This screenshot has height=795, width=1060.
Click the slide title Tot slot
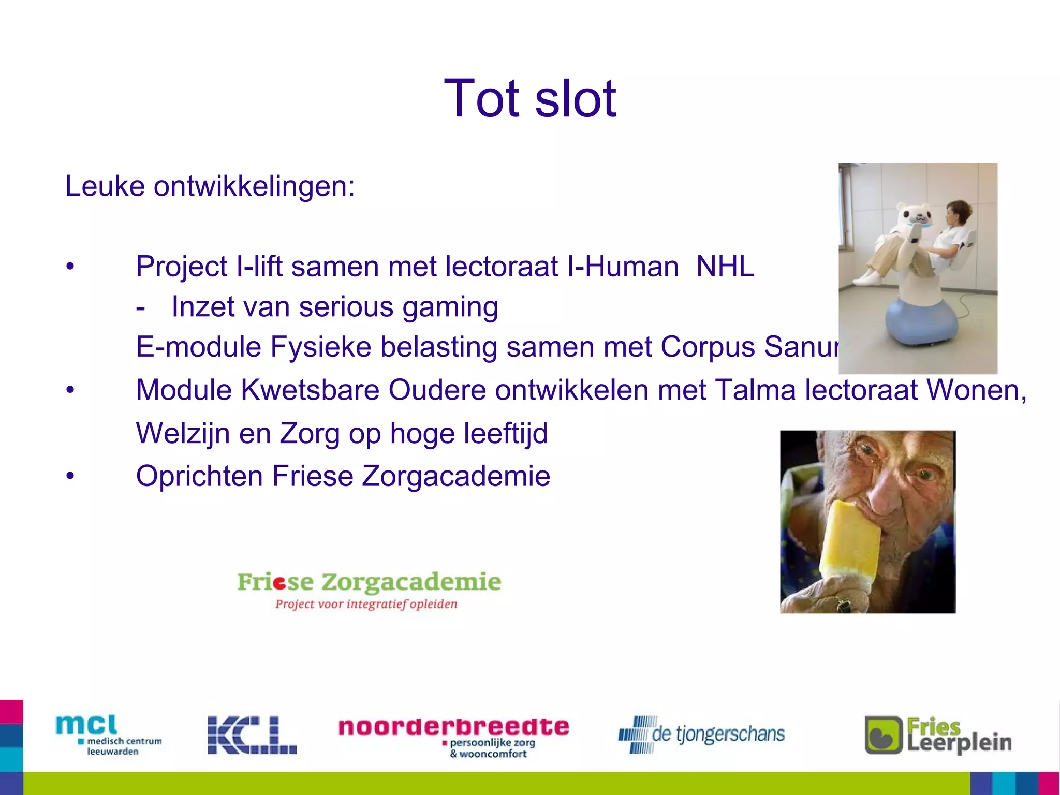coord(530,98)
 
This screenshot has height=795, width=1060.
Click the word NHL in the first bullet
coord(725,267)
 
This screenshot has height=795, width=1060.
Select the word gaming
coord(450,307)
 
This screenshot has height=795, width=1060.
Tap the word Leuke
coord(105,186)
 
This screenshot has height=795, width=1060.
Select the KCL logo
coord(252,735)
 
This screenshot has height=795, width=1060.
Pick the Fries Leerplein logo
coord(938,735)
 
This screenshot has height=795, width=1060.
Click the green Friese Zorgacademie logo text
coord(369,582)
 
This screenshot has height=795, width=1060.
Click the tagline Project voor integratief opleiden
coord(366,604)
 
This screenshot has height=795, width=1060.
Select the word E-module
coord(198,347)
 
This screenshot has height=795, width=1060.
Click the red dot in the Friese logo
coord(279,584)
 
